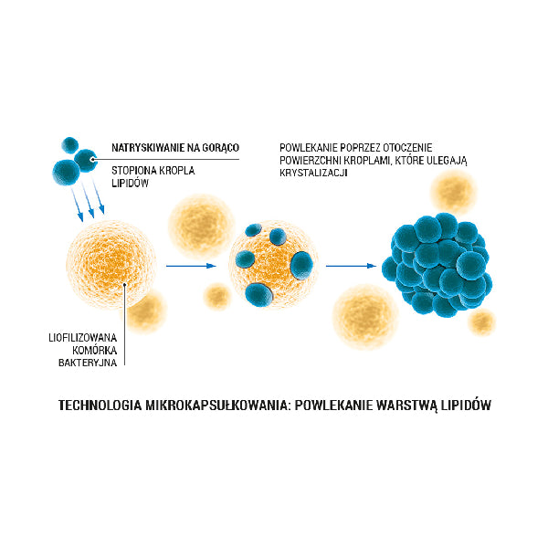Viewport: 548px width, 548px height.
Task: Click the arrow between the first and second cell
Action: (190, 266)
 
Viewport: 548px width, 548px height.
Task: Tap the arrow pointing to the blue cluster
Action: (352, 266)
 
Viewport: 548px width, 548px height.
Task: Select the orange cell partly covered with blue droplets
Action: (274, 265)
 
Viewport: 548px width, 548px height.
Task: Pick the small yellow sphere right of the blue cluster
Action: (481, 321)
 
